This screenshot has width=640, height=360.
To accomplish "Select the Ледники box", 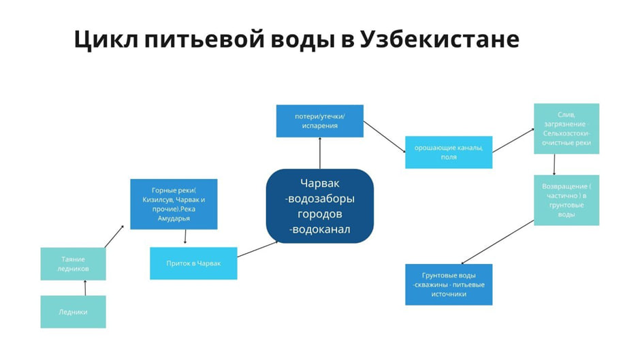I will click(x=73, y=312).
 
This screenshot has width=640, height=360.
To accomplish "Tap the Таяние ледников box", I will click(x=73, y=263).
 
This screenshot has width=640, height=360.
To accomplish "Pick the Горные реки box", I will click(x=174, y=204).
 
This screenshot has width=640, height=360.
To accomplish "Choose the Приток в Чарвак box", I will click(x=193, y=263).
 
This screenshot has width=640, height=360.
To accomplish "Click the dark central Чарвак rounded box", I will click(x=319, y=206).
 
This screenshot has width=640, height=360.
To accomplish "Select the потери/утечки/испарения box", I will click(x=319, y=120).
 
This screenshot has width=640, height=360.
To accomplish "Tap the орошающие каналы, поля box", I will click(x=448, y=152).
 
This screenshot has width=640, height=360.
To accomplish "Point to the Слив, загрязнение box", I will click(x=566, y=129).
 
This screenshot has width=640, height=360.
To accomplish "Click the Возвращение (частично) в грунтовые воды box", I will click(x=566, y=200).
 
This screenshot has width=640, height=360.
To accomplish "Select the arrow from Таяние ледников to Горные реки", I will click(x=114, y=236).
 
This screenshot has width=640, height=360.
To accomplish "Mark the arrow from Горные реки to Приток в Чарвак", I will click(x=185, y=238).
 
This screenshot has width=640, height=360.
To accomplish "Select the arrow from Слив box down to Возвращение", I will click(x=554, y=164).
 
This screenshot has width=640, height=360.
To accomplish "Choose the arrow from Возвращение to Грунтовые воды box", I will click(x=496, y=242).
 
